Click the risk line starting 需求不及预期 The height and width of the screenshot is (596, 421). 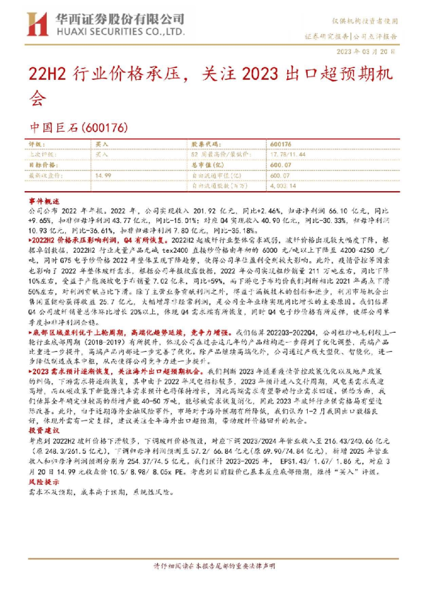(92, 489)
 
